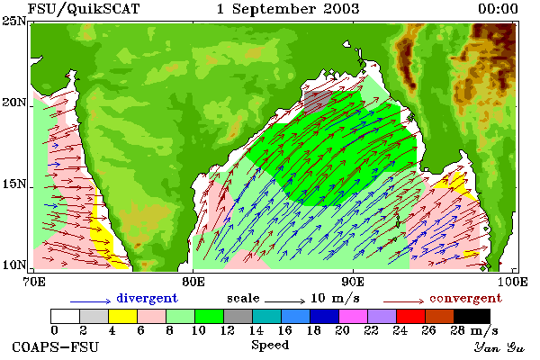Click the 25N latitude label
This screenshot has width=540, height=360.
14,21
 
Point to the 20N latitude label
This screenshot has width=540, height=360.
14,103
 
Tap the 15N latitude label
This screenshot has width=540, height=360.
14,184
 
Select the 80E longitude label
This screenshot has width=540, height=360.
193,282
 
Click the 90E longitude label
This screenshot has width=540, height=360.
353,282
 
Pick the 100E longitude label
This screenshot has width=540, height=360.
513,282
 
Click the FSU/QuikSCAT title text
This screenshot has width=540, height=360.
84,9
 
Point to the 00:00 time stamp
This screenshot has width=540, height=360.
498,9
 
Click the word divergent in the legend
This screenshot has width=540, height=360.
148,298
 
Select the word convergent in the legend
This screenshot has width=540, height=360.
465,298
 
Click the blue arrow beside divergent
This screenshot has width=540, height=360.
91,301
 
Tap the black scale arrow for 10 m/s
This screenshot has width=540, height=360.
284,301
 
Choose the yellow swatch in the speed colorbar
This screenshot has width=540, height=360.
123,316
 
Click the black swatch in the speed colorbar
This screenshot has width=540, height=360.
472,316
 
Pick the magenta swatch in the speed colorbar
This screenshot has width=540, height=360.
353,316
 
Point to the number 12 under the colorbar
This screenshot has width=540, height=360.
227,330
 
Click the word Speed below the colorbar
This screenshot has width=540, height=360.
270,346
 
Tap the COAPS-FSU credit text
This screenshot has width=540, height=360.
55,346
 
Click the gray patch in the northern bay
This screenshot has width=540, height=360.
319,99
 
